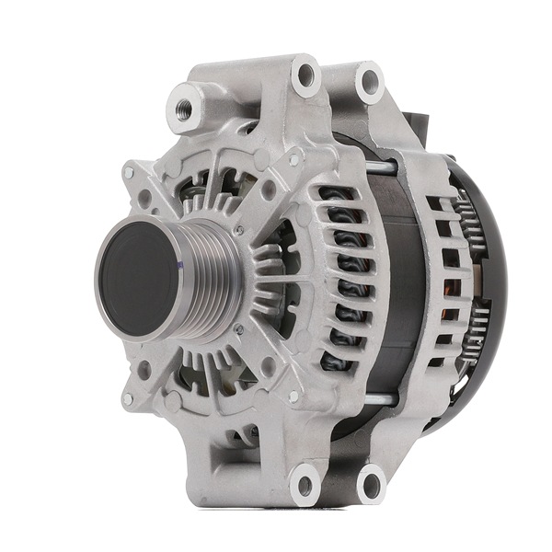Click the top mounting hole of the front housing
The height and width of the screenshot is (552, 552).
pos(305,76)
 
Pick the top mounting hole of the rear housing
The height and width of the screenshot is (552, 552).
pos(370,84)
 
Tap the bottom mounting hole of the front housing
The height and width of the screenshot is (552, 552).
pos(305,481)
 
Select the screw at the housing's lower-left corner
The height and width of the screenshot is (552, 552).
pos(128,399)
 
